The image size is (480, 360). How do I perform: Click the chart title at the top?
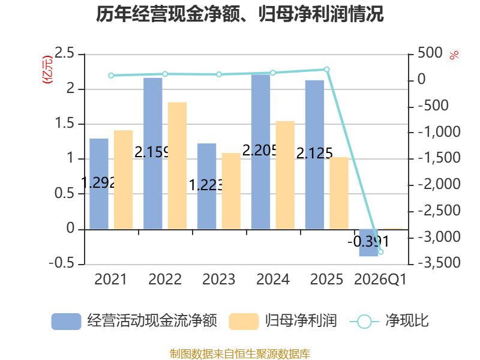pyautogui.click(x=239, y=14)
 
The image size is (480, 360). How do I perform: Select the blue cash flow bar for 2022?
pyautogui.click(x=153, y=154)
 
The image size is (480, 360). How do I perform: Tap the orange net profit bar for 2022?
pyautogui.click(x=177, y=166)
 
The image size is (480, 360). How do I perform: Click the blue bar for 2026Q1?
pyautogui.click(x=368, y=242)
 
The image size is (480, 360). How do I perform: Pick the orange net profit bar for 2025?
pyautogui.click(x=339, y=193)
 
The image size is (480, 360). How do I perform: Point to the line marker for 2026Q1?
pyautogui.click(x=381, y=252)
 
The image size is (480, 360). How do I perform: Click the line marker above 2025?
pyautogui.click(x=327, y=70)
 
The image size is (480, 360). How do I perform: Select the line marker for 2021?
pyautogui.click(x=111, y=76)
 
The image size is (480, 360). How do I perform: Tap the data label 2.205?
pyautogui.click(x=260, y=151)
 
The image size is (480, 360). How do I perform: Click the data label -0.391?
pyautogui.click(x=368, y=242)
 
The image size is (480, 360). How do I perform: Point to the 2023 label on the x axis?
pyautogui.click(x=219, y=279)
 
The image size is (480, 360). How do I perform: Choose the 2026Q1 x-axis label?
pyautogui.click(x=380, y=280)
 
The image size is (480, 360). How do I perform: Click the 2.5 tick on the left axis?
pyautogui.click(x=65, y=53)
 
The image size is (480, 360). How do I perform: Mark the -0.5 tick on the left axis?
pyautogui.click(x=62, y=263)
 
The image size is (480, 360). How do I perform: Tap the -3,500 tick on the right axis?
pyautogui.click(x=439, y=263)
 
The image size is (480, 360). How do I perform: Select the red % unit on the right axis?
pyautogui.click(x=454, y=55)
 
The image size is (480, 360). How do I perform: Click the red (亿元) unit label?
pyautogui.click(x=47, y=70)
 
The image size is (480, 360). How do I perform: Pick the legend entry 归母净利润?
pyautogui.click(x=283, y=321)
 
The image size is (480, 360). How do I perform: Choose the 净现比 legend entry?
pyautogui.click(x=389, y=321)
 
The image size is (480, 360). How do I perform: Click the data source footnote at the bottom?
pyautogui.click(x=240, y=353)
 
